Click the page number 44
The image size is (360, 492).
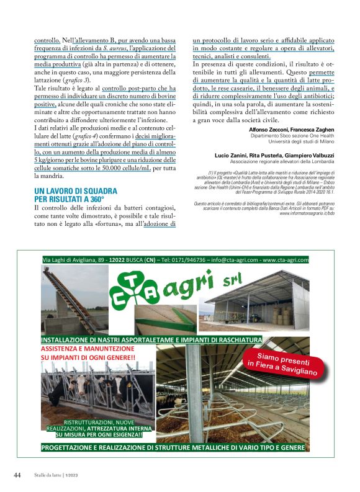(17, 475)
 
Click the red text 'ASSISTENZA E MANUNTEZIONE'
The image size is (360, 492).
(89, 349)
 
